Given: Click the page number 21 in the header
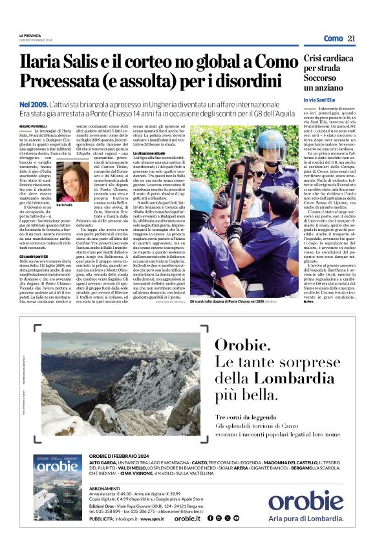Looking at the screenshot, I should tap(352, 39).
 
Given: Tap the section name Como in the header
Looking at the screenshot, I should tap(333, 39).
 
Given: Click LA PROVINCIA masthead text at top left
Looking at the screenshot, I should tap(32, 36).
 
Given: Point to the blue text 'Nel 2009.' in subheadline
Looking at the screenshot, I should tap(33, 103).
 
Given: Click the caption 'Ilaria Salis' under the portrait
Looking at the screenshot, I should tap(64, 204).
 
